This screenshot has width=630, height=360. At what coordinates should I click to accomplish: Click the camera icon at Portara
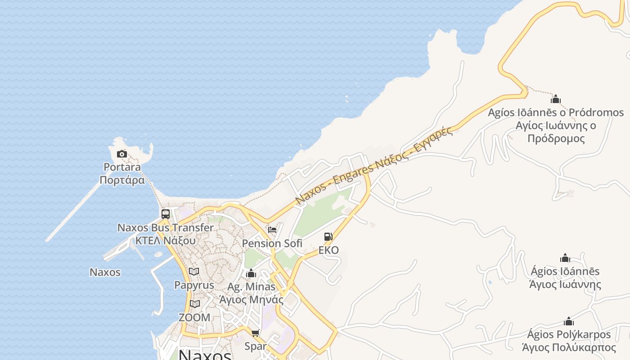(121, 154)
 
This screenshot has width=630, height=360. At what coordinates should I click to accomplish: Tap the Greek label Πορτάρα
(122, 180)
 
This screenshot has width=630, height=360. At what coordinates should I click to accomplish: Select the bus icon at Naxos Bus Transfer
(166, 214)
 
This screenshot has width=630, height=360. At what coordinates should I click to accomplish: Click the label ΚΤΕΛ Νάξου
(166, 240)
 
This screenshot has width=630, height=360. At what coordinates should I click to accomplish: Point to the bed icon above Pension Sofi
(272, 230)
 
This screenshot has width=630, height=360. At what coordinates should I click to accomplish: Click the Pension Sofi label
(272, 243)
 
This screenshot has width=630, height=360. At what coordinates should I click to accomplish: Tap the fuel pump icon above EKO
(328, 237)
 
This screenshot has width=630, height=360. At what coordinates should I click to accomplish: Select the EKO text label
(328, 250)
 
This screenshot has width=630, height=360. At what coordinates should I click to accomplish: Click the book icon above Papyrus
(194, 271)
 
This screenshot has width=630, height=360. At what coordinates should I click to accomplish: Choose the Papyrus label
(194, 285)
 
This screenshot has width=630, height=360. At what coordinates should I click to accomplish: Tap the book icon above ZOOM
(194, 304)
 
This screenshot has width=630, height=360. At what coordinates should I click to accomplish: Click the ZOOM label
(194, 317)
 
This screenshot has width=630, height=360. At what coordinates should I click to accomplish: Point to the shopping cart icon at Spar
(255, 333)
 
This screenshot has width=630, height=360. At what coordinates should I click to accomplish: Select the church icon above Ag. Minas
(251, 273)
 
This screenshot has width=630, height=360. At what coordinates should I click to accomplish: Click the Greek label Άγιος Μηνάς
(251, 299)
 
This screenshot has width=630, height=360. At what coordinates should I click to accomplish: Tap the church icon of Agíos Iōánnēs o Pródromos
(556, 99)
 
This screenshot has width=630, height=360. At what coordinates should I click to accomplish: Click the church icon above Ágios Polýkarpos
(569, 321)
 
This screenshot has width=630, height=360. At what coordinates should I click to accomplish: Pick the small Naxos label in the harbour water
(105, 272)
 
